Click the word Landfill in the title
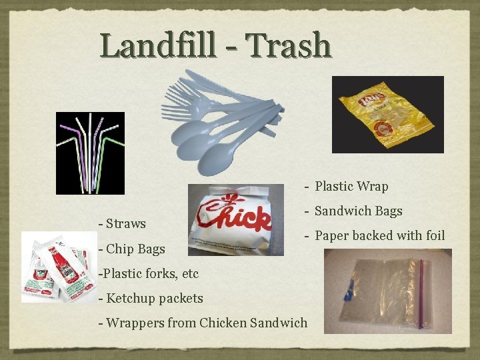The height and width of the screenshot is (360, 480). click(x=158, y=46)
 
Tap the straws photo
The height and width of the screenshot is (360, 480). click(x=90, y=153)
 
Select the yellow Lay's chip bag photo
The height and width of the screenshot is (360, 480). click(x=387, y=115)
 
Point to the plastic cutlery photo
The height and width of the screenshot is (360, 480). click(x=220, y=120)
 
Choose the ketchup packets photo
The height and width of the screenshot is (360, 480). click(x=58, y=266)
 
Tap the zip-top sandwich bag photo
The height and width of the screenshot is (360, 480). click(x=387, y=291)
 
